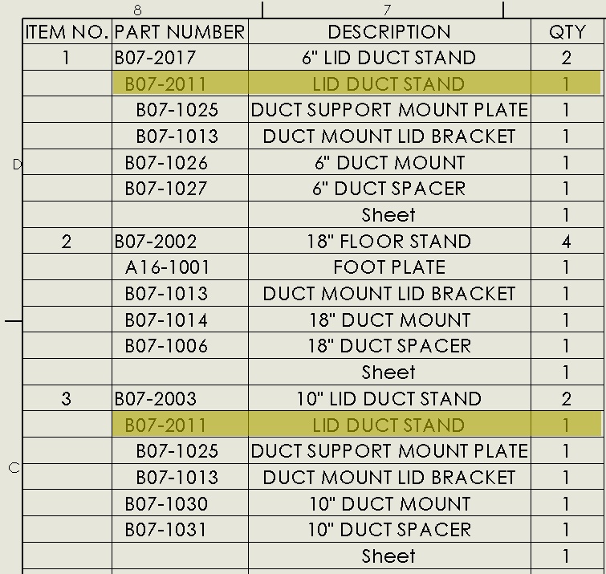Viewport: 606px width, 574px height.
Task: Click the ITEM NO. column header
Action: click(x=67, y=31)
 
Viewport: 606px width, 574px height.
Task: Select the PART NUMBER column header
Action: click(x=180, y=31)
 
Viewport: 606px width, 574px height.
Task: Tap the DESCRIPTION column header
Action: click(x=389, y=31)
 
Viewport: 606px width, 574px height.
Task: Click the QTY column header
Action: click(x=567, y=31)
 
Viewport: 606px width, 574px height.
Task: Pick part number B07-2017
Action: click(x=155, y=58)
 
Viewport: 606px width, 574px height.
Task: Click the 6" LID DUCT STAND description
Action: click(x=388, y=58)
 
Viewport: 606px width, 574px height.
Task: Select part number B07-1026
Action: click(x=166, y=163)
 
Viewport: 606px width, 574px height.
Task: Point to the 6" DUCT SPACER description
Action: click(x=388, y=189)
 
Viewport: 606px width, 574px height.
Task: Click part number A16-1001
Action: click(x=167, y=267)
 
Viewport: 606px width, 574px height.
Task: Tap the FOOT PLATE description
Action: click(x=389, y=267)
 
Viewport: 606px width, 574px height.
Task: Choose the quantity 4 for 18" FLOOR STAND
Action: click(x=566, y=242)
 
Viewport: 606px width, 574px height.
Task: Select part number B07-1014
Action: click(x=166, y=320)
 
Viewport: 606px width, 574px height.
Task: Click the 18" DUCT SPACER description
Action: click(x=389, y=346)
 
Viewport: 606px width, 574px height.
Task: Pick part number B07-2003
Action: click(x=156, y=399)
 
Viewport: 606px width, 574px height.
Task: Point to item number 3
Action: click(x=66, y=399)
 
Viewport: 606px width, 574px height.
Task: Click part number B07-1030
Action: click(x=166, y=504)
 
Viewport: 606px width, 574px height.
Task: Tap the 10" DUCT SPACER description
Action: click(x=389, y=530)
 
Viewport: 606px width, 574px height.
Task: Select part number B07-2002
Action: click(x=156, y=242)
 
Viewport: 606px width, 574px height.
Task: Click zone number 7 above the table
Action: click(x=387, y=10)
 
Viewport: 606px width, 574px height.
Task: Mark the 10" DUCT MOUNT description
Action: click(x=389, y=504)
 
